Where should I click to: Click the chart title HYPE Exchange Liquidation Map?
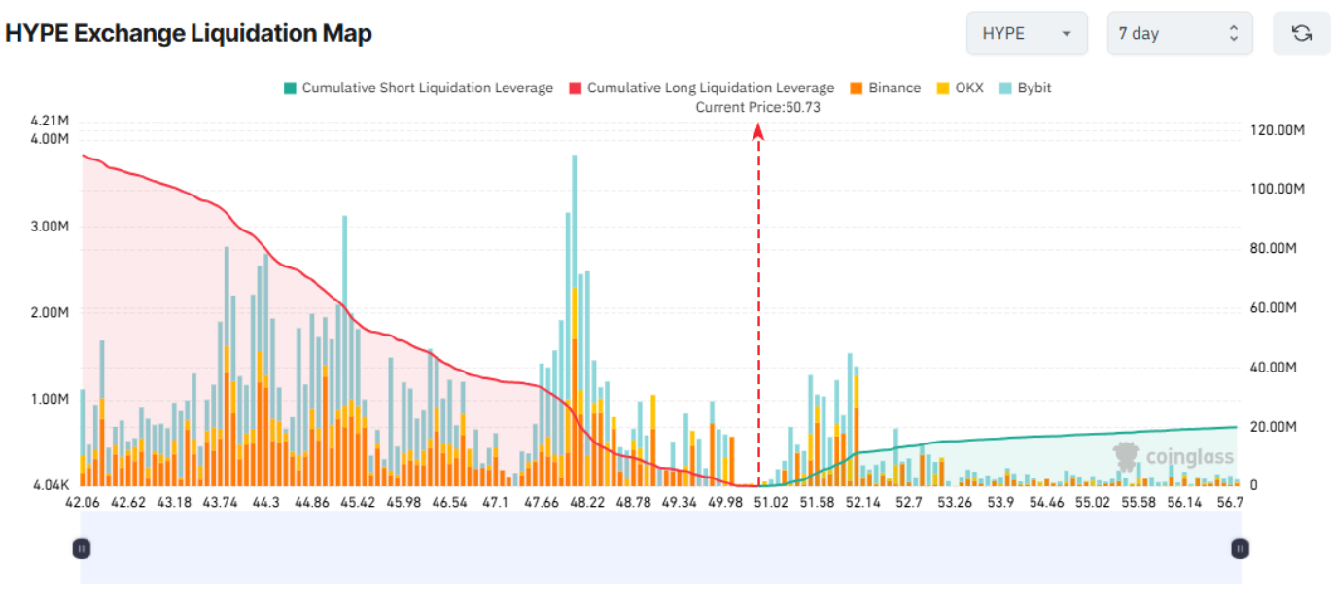point(189,33)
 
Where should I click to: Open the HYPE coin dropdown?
point(1027,33)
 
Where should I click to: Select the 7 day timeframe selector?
point(1178,33)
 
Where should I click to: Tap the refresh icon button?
point(1301,33)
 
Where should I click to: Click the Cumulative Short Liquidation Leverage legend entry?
point(418,88)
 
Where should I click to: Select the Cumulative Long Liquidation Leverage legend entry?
point(701,88)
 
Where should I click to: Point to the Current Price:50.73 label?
point(757,107)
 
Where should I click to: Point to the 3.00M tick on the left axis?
point(51,226)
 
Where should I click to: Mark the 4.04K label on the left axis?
point(51,484)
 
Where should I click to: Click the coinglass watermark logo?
point(1173,456)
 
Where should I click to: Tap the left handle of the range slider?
point(82,549)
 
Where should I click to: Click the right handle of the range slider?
point(1240,549)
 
